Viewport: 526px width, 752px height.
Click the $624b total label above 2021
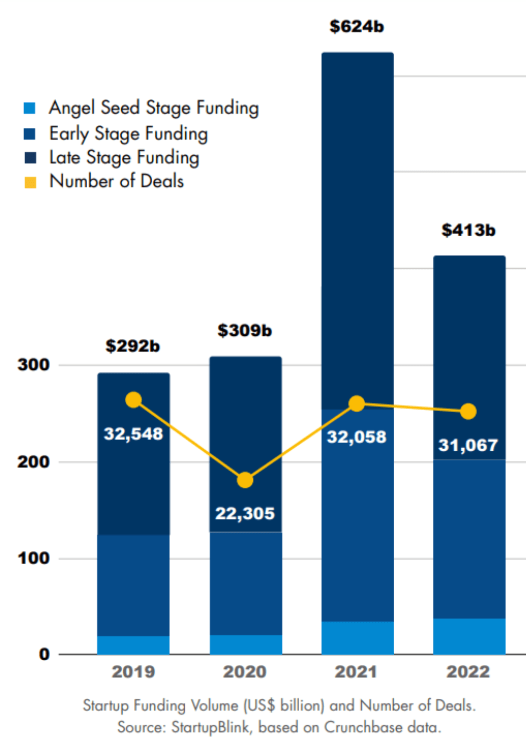click(357, 27)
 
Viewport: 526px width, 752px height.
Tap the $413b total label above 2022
click(468, 230)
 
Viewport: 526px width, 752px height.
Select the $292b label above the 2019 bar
click(133, 346)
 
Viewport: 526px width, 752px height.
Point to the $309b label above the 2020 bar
click(244, 330)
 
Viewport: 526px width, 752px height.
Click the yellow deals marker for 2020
click(245, 480)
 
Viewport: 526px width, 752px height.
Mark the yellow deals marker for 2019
click(133, 400)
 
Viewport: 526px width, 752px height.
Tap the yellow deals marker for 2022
click(468, 412)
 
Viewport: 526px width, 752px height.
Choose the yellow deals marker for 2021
click(357, 404)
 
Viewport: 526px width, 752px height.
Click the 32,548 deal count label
click(133, 434)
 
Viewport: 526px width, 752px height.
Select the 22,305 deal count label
click(245, 513)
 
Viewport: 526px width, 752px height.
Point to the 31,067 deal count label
click(468, 445)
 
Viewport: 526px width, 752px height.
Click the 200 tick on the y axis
click(34, 462)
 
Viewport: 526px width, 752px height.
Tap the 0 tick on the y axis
click(45, 654)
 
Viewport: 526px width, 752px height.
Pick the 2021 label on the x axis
click(356, 672)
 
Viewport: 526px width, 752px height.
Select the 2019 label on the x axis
click(133, 672)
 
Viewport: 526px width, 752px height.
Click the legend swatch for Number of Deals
click(30, 182)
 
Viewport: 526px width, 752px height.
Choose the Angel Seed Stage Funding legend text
click(154, 108)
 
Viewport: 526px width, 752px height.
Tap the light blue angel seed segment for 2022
click(469, 636)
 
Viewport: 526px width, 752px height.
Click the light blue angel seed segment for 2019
click(133, 645)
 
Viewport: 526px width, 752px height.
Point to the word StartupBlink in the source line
click(210, 727)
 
